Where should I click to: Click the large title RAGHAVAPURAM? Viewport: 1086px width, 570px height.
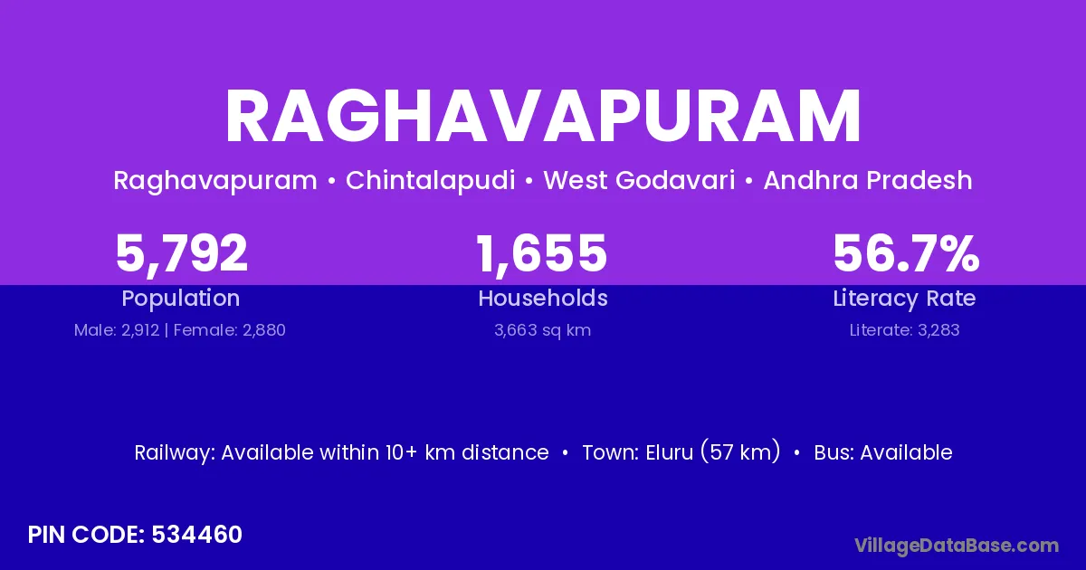(x=543, y=118)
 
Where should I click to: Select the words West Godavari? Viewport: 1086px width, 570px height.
(x=639, y=181)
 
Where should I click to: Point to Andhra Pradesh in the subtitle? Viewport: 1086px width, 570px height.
(x=868, y=181)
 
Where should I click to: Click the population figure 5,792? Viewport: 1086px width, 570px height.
(x=181, y=253)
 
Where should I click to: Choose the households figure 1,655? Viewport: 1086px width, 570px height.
(x=542, y=253)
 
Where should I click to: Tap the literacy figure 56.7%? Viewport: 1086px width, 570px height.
(x=905, y=253)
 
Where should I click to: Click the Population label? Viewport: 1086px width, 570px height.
(x=181, y=299)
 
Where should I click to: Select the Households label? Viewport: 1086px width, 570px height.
(x=543, y=299)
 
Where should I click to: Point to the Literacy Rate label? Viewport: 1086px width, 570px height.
(x=905, y=299)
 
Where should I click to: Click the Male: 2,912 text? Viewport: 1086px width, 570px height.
(x=116, y=330)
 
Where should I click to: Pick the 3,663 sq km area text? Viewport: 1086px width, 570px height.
(x=543, y=330)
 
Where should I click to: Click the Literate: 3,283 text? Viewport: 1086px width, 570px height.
(x=905, y=330)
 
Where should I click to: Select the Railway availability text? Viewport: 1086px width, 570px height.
(x=341, y=452)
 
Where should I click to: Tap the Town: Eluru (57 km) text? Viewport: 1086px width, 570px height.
(x=681, y=452)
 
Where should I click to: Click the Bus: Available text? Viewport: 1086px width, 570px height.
(x=883, y=452)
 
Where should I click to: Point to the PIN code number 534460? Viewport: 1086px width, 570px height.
(x=197, y=535)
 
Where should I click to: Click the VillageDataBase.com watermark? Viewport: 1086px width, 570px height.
(x=957, y=546)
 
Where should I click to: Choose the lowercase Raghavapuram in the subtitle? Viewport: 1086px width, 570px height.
(x=215, y=181)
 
